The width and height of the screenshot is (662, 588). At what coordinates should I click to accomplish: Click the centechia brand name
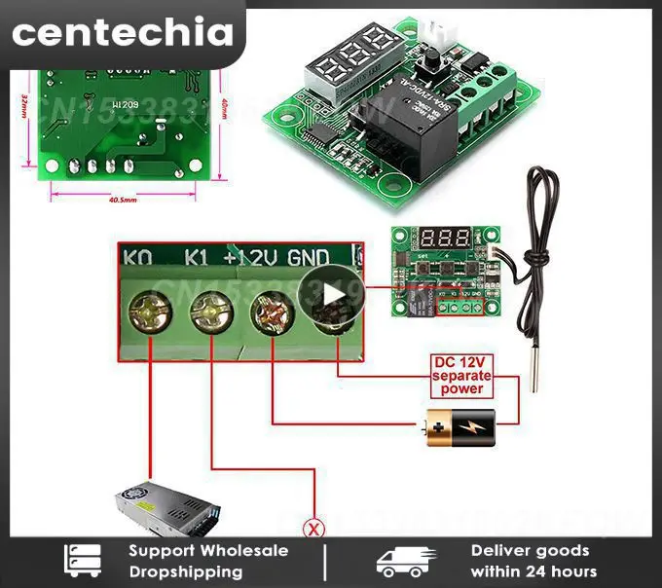pos(123,33)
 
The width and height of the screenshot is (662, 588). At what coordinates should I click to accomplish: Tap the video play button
pos(330,293)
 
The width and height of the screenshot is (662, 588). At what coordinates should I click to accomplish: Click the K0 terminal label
pos(137,258)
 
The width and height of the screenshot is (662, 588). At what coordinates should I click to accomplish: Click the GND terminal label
pos(309,258)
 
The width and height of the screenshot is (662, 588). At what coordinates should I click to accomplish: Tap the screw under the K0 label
pos(150,312)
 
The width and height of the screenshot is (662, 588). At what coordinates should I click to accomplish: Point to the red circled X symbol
pos(313,530)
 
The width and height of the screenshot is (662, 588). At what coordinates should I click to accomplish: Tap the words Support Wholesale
pos(208,551)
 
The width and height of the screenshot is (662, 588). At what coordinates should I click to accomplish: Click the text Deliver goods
pos(530,551)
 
